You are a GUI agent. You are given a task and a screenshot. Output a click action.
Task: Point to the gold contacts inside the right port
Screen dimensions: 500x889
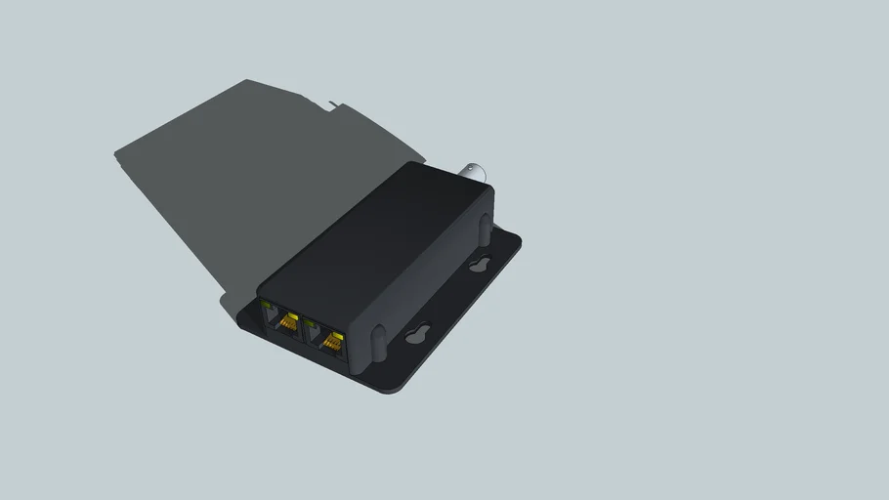333,342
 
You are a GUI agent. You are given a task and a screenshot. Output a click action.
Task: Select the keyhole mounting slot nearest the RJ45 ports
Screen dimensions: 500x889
419,335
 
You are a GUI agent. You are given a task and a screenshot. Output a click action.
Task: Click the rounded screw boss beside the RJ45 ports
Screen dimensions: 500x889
377,340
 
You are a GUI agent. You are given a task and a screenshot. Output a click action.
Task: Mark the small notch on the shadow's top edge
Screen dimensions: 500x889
335,104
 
